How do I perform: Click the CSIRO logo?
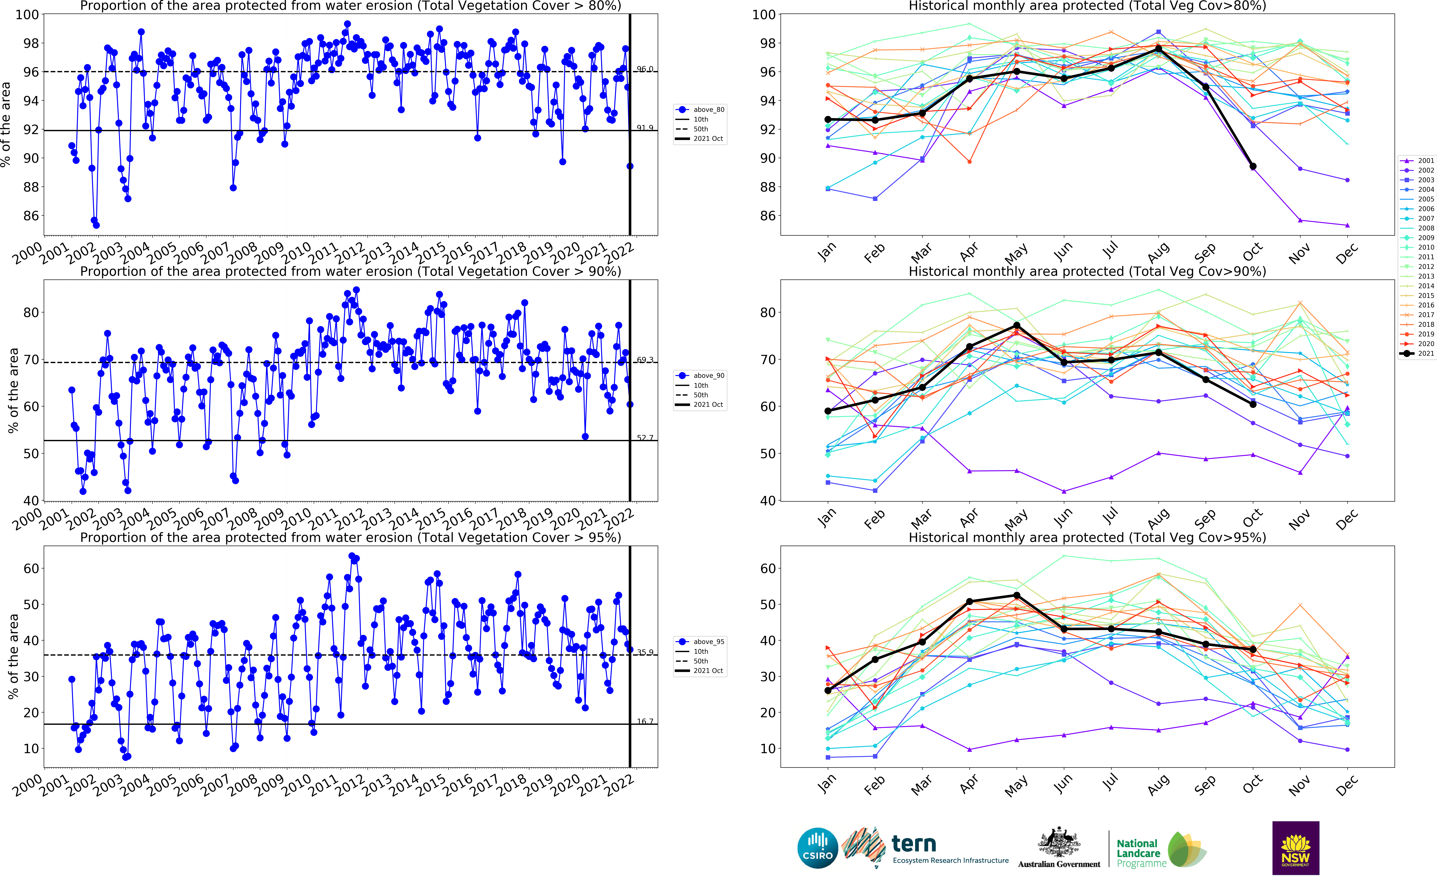point(817,848)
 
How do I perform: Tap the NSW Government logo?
point(1295,848)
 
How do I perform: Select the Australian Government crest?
point(1059,844)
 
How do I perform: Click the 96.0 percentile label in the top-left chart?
point(645,69)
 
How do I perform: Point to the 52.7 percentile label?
point(645,438)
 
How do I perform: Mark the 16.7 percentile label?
point(645,721)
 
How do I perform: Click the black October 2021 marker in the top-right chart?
point(1253,166)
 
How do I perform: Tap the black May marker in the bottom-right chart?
point(1017,595)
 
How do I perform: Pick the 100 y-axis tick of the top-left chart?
point(27,15)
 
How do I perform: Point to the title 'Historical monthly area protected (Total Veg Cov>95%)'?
point(1087,537)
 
